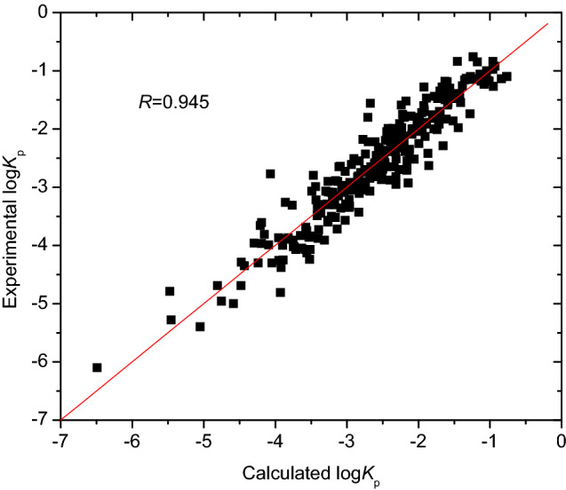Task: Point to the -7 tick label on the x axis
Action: point(60,439)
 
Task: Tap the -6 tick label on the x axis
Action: point(132,439)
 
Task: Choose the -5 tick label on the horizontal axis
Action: point(203,439)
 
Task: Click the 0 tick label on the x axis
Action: point(561,439)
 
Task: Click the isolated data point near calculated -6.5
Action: point(97,367)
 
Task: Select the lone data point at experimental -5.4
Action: point(200,327)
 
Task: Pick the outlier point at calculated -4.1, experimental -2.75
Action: point(270,174)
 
